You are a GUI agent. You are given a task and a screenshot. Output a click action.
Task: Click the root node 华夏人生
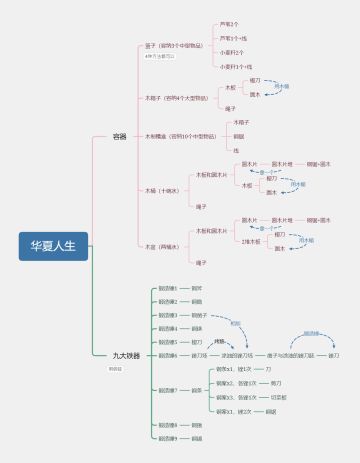pos(54,245)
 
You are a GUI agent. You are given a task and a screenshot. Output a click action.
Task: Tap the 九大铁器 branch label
pos(126,355)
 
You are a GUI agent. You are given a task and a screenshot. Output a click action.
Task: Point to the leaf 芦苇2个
pos(230,24)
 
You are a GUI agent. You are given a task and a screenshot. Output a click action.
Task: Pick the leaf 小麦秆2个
pos(232,52)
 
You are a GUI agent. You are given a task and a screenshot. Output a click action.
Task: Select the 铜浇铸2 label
pos(168,301)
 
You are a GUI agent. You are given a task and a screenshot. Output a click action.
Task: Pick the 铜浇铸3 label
pos(168,314)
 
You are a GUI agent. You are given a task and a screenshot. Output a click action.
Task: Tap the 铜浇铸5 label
pos(168,341)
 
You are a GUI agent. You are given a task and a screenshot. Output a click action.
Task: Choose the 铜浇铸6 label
pos(168,355)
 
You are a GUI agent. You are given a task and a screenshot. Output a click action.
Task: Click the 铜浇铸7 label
pos(168,390)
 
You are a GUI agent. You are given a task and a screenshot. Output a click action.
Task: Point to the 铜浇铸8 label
pos(168,425)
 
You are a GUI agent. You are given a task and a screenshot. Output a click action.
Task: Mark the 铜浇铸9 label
pos(168,438)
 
